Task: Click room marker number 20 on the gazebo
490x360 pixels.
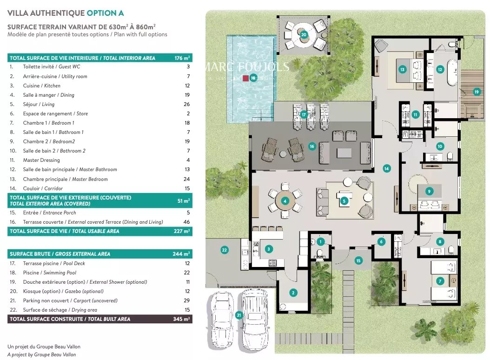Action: click(304, 35)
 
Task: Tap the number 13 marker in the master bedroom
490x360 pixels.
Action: click(402, 69)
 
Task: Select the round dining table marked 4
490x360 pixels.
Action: click(285, 201)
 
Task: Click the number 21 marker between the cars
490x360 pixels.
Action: click(239, 315)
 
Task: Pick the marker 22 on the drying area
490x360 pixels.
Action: click(225, 250)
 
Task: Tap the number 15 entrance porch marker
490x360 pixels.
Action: click(358, 260)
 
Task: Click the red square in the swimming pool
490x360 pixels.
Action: click(245, 78)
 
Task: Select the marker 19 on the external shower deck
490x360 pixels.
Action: click(477, 92)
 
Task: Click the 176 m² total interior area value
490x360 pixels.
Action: click(182, 58)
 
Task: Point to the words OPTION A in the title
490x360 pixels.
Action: click(105, 13)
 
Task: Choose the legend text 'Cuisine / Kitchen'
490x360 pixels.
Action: click(41, 86)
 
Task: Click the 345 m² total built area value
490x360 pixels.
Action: click(181, 319)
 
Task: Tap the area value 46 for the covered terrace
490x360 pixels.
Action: click(186, 222)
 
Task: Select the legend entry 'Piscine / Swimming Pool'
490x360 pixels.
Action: click(49, 273)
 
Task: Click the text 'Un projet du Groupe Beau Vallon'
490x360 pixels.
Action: click(44, 347)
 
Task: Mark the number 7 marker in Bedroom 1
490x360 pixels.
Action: click(440, 281)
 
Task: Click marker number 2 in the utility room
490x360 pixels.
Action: click(293, 293)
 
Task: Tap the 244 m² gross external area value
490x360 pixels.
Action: click(181, 254)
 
